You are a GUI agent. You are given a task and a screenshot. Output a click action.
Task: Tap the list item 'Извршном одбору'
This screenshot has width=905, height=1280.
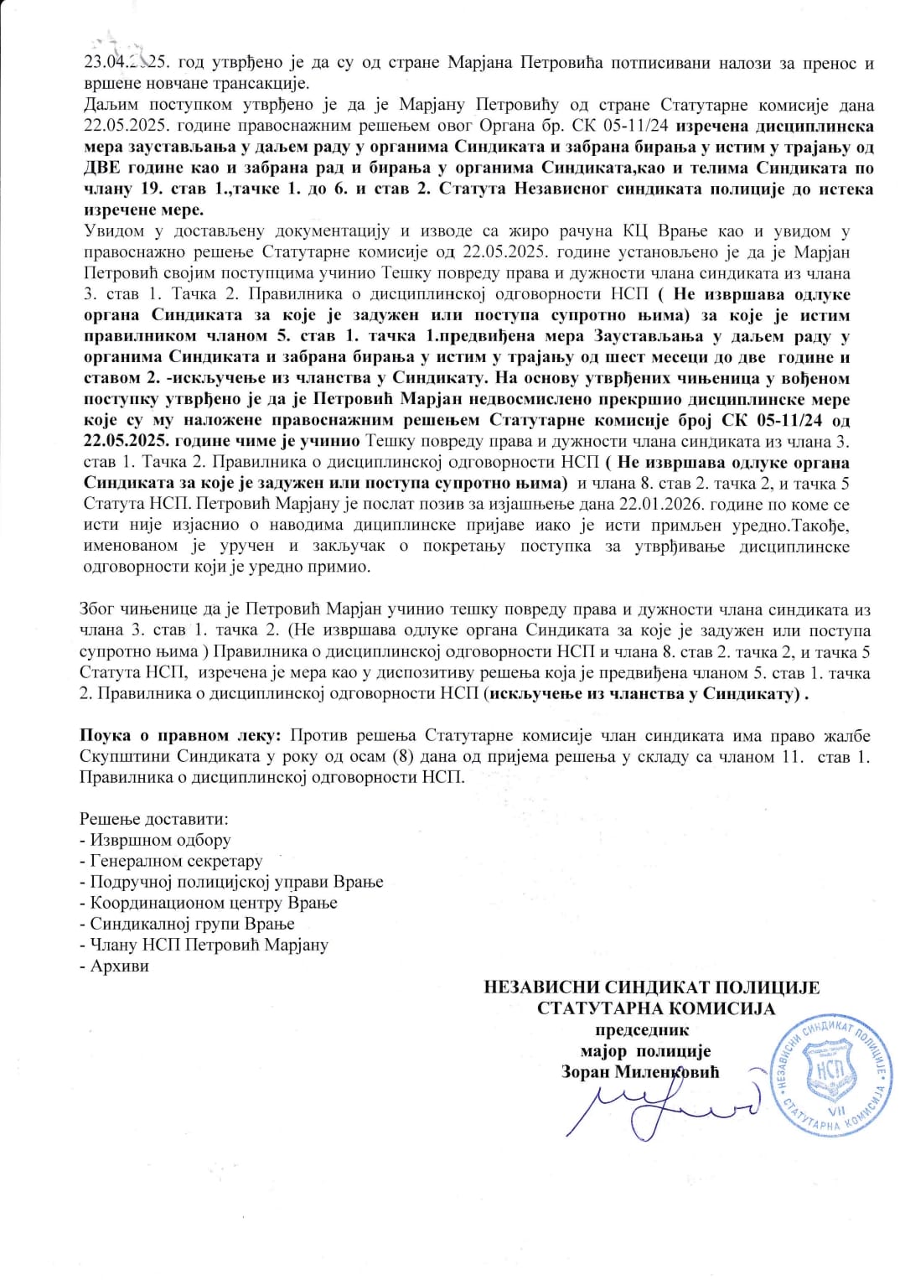[x=155, y=839]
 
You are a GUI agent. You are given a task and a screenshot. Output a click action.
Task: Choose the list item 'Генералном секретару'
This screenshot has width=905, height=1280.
[x=171, y=861]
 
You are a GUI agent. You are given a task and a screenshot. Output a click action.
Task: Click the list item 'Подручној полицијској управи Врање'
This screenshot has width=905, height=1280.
[x=230, y=882]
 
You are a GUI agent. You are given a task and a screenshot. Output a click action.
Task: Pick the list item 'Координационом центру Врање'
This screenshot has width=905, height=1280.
[x=208, y=903]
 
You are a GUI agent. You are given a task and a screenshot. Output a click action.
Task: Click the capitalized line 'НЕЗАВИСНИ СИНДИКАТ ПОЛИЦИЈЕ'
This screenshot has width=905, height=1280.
[x=652, y=987]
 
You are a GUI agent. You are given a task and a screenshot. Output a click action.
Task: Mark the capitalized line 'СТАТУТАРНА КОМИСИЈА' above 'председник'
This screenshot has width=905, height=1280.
[x=656, y=1008]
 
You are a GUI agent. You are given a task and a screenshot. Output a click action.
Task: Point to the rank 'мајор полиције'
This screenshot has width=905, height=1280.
[x=645, y=1051]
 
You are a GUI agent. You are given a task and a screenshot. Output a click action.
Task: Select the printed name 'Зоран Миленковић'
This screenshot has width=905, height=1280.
[x=641, y=1072]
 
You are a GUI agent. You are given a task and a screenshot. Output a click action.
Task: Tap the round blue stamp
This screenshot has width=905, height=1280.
[x=832, y=1080]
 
